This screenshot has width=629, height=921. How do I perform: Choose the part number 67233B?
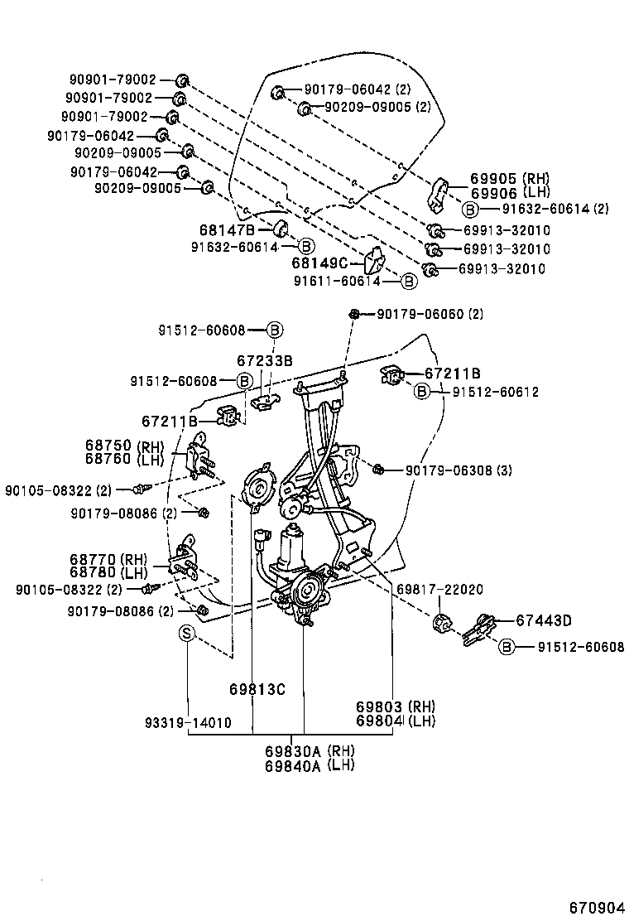click(x=265, y=361)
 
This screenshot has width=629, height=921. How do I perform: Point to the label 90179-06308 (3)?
click(x=459, y=470)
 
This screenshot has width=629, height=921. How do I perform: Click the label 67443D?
click(x=544, y=620)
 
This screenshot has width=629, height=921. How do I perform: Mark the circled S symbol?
click(x=187, y=634)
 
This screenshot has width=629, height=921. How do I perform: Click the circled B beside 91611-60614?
click(x=408, y=282)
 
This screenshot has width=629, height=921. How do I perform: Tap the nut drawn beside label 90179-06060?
click(x=353, y=314)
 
